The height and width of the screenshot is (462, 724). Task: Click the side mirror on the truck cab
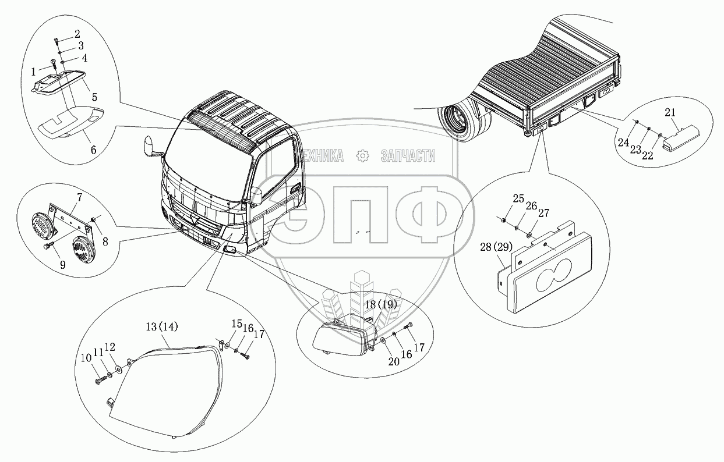coord(151,146)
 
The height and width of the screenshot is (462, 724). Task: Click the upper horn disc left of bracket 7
coord(43,225)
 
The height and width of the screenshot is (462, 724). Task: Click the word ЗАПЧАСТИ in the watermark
coord(407,155)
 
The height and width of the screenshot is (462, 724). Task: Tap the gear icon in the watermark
coord(362,155)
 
